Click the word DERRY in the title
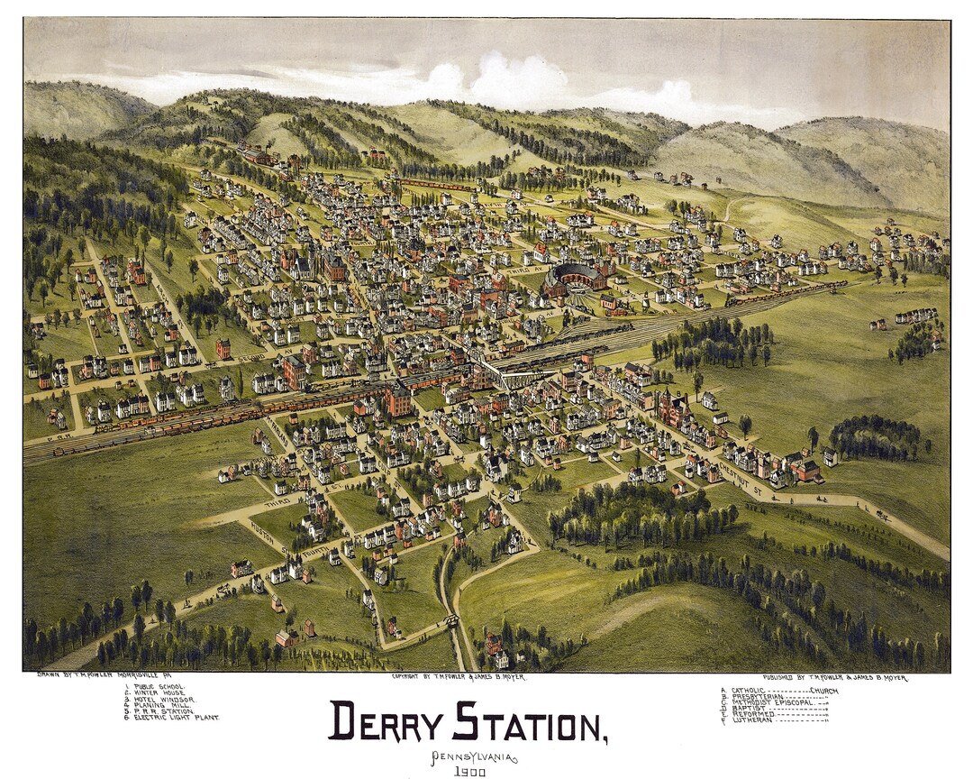(x=386, y=721)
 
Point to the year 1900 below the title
(x=470, y=772)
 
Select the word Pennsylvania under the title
(x=473, y=756)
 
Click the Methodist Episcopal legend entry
(x=775, y=702)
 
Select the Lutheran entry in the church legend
(x=755, y=720)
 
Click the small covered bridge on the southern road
(x=450, y=621)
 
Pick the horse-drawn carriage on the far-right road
(x=882, y=515)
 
